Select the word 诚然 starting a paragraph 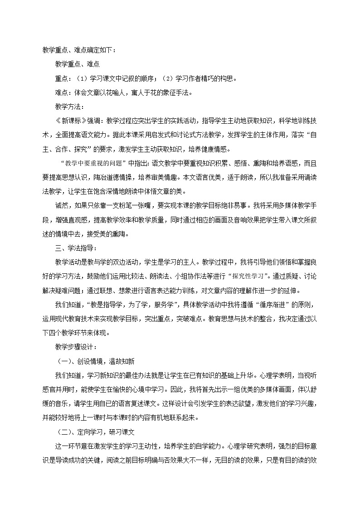tap(61, 206)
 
